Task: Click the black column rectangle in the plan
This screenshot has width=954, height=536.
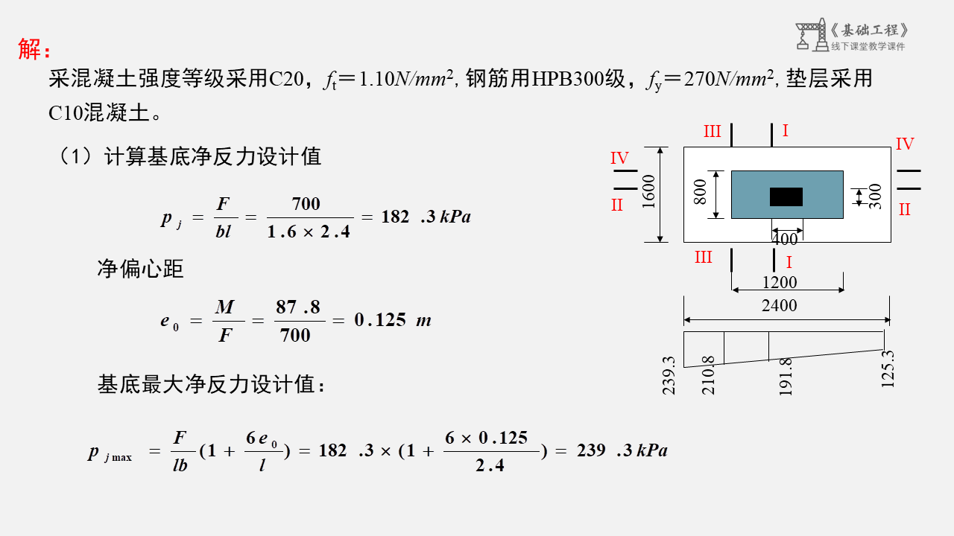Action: pyautogui.click(x=786, y=197)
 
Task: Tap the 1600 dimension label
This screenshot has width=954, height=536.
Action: pyautogui.click(x=648, y=191)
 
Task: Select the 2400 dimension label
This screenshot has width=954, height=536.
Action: pyautogui.click(x=779, y=305)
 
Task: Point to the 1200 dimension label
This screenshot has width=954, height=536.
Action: pyautogui.click(x=779, y=282)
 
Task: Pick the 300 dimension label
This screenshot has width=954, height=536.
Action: pyautogui.click(x=875, y=197)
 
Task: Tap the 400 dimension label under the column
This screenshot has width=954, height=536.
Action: pyautogui.click(x=784, y=240)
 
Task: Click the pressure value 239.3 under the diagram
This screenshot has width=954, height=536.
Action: pyautogui.click(x=669, y=374)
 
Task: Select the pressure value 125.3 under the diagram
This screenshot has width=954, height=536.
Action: pyautogui.click(x=887, y=368)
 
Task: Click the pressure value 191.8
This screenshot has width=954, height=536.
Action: pyautogui.click(x=785, y=376)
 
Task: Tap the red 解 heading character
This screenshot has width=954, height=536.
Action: pyautogui.click(x=31, y=49)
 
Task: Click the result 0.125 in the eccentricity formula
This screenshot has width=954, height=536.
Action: pyautogui.click(x=380, y=320)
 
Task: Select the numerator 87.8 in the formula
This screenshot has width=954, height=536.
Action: pyautogui.click(x=298, y=307)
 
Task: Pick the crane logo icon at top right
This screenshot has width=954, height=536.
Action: pyautogui.click(x=810, y=36)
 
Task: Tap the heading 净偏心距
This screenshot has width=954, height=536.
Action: pyautogui.click(x=140, y=269)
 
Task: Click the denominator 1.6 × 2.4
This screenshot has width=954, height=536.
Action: pyautogui.click(x=309, y=232)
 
